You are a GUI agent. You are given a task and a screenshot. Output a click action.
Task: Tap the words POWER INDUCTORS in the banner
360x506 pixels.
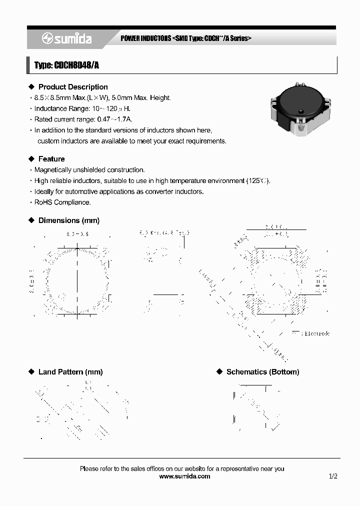pos(146,38)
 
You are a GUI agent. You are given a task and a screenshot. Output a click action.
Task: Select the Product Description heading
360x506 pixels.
pos(73,87)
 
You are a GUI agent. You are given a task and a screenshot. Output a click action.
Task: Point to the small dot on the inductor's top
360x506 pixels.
pos(301,111)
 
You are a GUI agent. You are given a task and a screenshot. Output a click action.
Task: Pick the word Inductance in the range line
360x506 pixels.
pos(50,108)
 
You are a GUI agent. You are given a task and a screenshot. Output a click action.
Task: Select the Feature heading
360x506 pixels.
pos(51,159)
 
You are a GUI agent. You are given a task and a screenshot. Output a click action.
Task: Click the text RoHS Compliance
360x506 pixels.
pos(62,202)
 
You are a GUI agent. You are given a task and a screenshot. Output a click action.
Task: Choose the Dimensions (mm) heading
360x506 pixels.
pos(69,220)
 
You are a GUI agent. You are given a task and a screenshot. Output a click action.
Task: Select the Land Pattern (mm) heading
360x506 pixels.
pos(70,372)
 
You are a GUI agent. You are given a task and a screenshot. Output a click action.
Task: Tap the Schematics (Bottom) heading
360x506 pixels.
pos(262,372)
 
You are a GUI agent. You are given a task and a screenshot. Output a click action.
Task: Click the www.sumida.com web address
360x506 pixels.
pos(184,476)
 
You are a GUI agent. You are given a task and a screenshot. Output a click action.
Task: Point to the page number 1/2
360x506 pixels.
pos(333,476)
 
